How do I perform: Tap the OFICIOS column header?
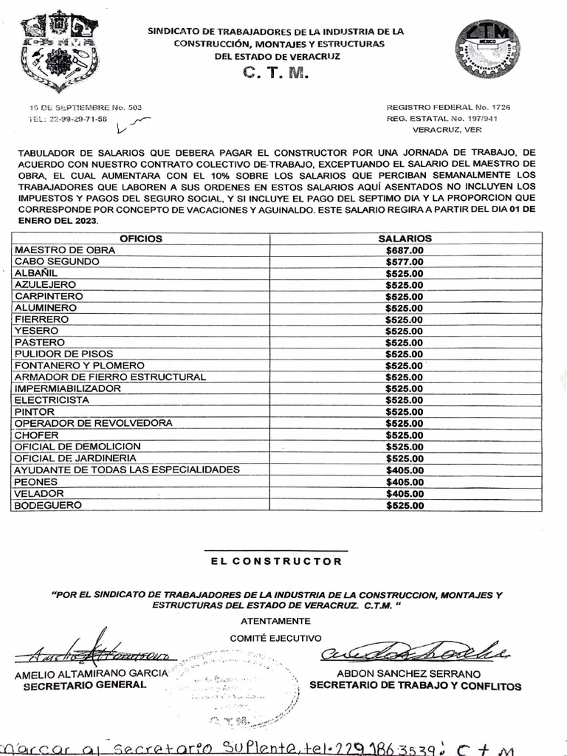141,238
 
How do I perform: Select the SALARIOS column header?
405,238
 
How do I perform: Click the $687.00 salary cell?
405,250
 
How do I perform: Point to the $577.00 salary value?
405,261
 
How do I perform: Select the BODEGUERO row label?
47,506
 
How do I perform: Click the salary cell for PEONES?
405,482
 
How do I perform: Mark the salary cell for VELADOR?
405,494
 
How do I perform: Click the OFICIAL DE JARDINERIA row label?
77,458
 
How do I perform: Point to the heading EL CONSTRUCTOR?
276,561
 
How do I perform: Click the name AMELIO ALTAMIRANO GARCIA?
92,673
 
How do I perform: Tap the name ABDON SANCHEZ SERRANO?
408,674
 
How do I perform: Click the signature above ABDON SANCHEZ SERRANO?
413,651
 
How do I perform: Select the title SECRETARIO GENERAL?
85,685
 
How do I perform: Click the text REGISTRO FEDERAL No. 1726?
447,107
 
